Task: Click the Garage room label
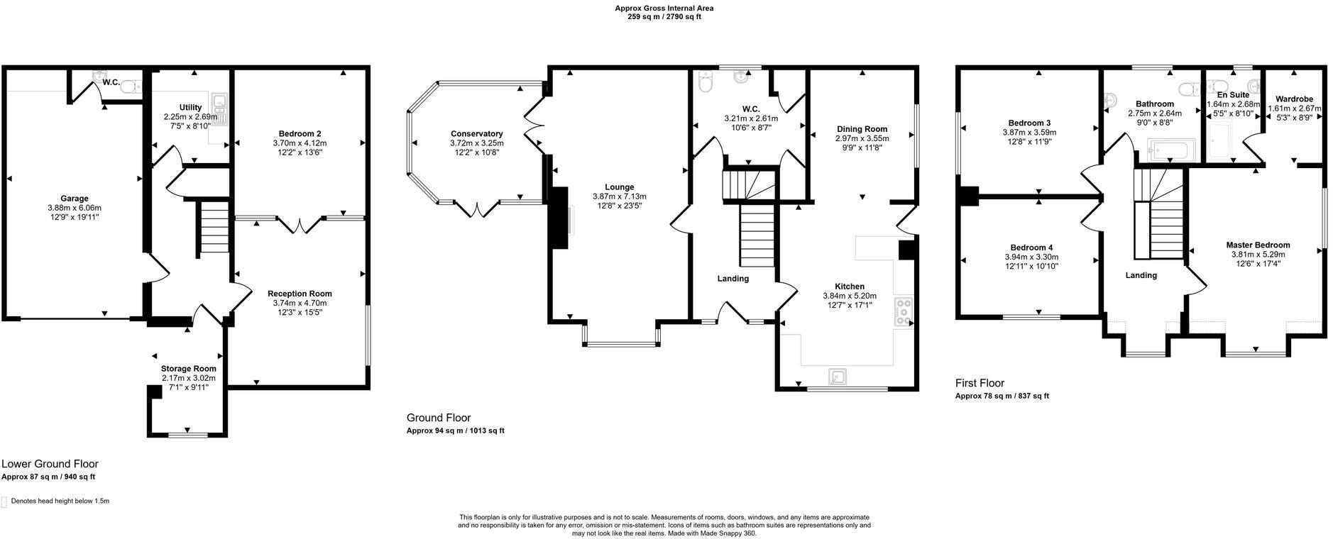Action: [x=74, y=199]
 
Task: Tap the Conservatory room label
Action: [x=476, y=134]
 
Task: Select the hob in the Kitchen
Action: [x=905, y=312]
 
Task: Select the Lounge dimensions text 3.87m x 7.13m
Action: [x=619, y=196]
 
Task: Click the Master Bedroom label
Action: [x=1258, y=245]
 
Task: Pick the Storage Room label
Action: [x=188, y=369]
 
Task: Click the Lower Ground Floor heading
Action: [x=50, y=464]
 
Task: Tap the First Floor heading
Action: [x=980, y=383]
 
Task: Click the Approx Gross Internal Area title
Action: [x=664, y=9]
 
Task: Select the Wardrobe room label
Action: [x=1293, y=99]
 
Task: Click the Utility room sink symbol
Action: [x=219, y=104]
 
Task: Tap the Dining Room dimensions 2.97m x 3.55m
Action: [x=862, y=138]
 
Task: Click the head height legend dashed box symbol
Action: [x=4, y=501]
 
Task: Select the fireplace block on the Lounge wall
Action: [x=559, y=217]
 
